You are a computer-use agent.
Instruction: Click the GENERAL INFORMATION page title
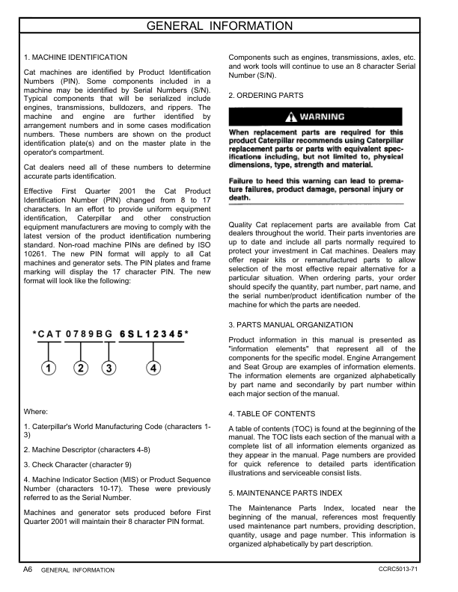pos(229,27)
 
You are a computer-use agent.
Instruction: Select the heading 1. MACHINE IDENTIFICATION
pos(76,57)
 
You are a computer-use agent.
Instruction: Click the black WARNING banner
pos(316,117)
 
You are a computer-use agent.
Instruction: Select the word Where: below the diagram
pos(37,411)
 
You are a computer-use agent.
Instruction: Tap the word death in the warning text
pos(239,198)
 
